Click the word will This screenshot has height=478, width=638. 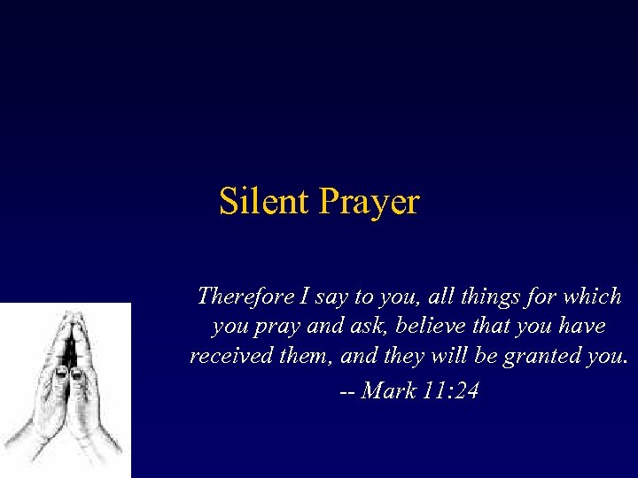tap(441, 358)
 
